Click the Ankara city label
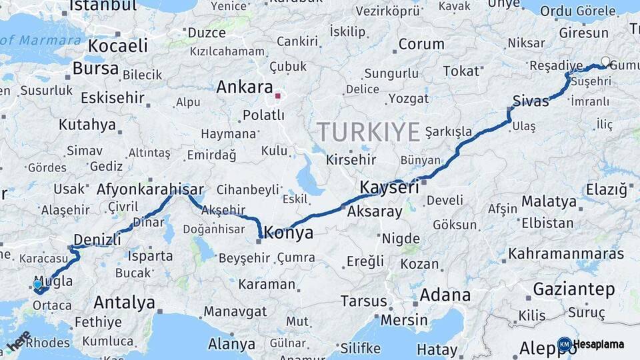245,87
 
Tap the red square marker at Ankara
277,96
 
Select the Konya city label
289,233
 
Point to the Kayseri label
389,187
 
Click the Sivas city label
531,101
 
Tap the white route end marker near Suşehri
605,61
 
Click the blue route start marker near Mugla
37,285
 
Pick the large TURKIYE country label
369,131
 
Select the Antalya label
124,303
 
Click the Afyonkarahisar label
149,189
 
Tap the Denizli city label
97,239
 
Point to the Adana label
445,295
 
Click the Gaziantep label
574,289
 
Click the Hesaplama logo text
599,345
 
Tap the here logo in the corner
18,341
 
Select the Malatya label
549,201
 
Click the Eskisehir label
112,98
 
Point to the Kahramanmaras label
566,254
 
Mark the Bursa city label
95,69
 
